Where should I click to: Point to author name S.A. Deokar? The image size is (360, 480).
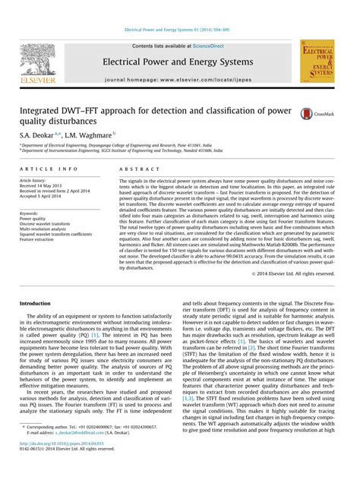(43, 133)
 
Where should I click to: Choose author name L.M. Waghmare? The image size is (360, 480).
(92, 133)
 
